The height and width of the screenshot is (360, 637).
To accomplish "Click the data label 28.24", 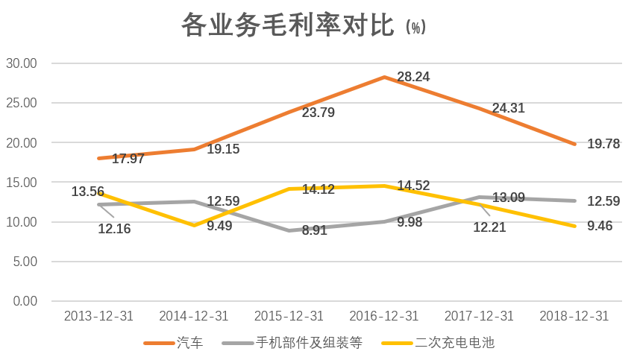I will (413, 77).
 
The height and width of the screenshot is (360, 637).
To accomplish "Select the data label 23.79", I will (318, 113).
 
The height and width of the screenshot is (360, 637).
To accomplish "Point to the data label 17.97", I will (128, 159).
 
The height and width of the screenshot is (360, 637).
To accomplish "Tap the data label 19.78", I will (603, 144).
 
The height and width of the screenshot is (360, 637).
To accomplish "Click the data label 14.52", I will (413, 185).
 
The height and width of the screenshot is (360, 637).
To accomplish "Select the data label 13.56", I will (88, 192).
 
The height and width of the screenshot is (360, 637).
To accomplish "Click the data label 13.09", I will (508, 198).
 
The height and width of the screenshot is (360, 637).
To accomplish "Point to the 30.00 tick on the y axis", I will (22, 63).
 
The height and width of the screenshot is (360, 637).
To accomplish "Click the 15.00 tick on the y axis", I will (22, 182).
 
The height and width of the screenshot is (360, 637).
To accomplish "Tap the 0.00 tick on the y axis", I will (25, 301).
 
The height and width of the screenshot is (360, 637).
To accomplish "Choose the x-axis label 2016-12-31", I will (384, 316).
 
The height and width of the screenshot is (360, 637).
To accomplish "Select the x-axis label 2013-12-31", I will (99, 316).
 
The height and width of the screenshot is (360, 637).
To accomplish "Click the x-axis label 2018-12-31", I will (574, 316).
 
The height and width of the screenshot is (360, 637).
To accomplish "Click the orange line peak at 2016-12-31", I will (384, 77).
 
